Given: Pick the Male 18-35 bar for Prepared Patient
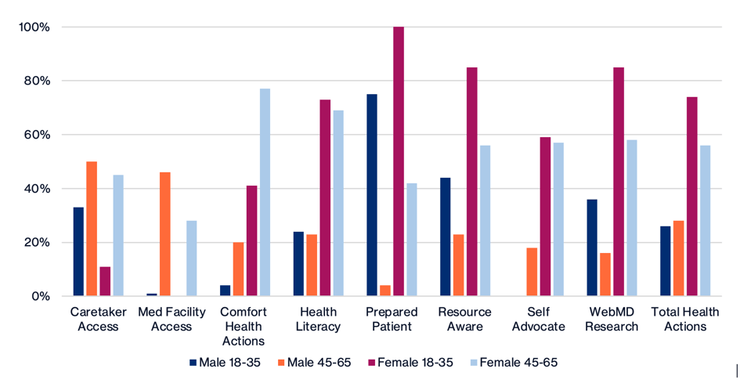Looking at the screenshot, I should point(371,195).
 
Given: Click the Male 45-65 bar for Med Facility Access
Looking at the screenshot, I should point(165,234).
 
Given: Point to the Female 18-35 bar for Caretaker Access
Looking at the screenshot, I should point(105,281).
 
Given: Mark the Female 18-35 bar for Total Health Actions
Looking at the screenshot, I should point(692,197).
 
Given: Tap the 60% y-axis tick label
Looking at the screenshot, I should point(36,135).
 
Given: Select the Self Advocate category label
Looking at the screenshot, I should point(537,319).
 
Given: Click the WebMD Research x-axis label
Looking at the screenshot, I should point(612,319).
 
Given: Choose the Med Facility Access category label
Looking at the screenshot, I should point(171,319).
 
